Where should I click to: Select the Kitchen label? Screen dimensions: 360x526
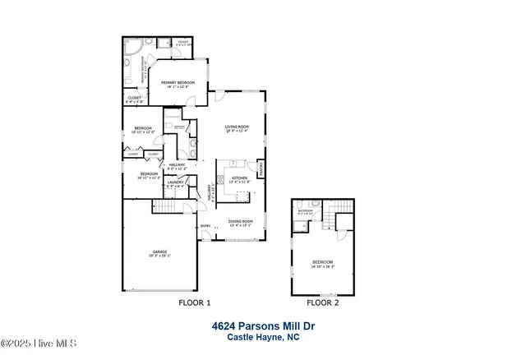click(239, 178)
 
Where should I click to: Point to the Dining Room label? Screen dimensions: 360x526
click(240, 222)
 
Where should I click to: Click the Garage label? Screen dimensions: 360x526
click(159, 254)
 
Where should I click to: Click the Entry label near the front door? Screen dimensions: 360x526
click(205, 226)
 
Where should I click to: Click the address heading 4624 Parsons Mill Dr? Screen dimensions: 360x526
click(262, 326)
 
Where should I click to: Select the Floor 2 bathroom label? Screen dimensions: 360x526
click(306, 211)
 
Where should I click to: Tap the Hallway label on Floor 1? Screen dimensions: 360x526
click(178, 165)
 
